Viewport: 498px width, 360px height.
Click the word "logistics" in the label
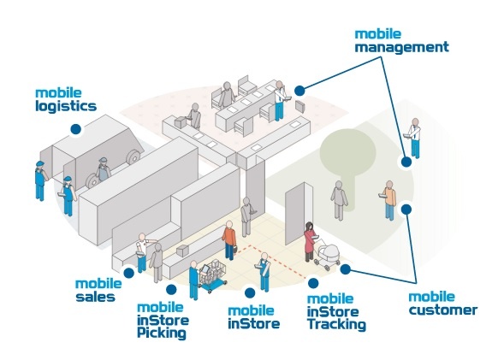[x=66, y=106]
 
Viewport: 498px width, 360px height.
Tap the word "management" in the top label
[x=402, y=47]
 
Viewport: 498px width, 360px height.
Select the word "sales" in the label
[x=95, y=297]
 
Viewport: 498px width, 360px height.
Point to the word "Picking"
[x=162, y=333]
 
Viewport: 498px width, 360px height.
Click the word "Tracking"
[x=336, y=325]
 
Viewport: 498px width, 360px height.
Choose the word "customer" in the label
[x=443, y=310]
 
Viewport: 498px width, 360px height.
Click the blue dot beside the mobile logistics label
[x=76, y=129]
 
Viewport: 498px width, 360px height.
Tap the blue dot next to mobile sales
[x=128, y=273]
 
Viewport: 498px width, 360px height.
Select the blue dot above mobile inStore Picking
[x=171, y=289]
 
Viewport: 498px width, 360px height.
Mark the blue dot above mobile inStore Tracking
[x=313, y=283]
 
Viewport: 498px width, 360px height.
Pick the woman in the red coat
[x=310, y=241]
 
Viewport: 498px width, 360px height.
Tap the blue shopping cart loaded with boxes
[x=213, y=275]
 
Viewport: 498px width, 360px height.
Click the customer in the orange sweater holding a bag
[x=229, y=240]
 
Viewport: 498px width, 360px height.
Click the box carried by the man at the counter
[x=181, y=122]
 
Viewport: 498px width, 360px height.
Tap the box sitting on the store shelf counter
[x=183, y=251]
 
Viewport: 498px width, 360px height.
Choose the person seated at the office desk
[x=227, y=95]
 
